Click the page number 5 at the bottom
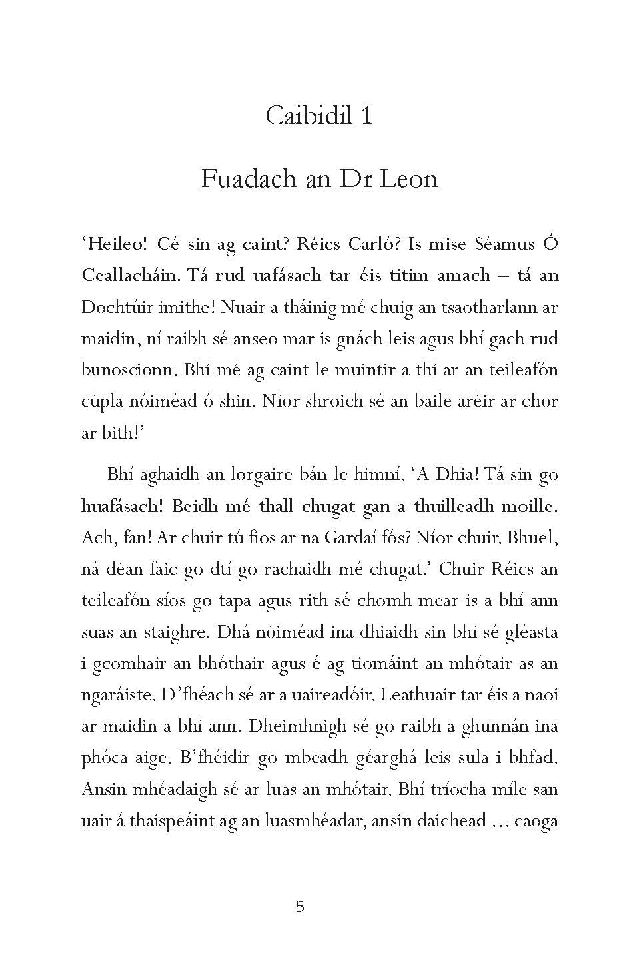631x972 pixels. coord(300,906)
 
